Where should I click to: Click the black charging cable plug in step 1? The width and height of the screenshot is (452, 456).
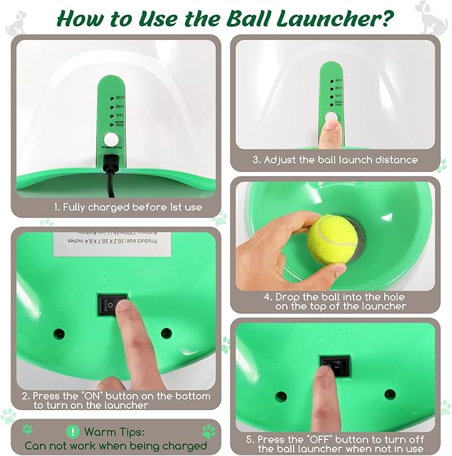111,162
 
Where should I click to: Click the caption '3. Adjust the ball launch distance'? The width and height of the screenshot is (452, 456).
335,160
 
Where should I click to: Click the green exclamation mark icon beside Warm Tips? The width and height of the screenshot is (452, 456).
72,432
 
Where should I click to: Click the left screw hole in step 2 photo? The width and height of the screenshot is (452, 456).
59,332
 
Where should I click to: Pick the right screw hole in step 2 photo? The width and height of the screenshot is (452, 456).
166,333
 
